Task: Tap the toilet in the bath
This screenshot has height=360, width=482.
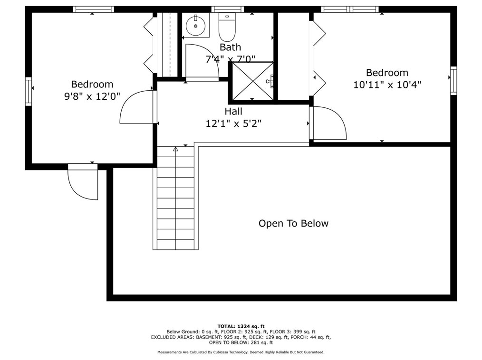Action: coord(227,28)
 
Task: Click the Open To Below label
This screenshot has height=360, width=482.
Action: coord(293,223)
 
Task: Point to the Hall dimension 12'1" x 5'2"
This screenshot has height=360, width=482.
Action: coord(233,123)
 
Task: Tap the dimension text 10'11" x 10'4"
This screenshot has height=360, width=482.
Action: coord(387,85)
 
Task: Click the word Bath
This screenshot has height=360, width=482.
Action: coord(230,47)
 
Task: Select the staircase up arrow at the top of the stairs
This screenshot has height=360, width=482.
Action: coord(175,149)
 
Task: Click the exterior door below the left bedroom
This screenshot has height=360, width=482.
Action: coord(83,183)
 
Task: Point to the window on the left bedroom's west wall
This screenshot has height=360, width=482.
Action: coord(29,91)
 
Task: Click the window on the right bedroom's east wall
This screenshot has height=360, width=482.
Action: coord(453,81)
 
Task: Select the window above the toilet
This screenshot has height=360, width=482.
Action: coord(227,9)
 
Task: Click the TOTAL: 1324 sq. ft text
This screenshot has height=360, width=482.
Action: coord(241,326)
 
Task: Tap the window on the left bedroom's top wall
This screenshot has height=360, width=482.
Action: coord(93,9)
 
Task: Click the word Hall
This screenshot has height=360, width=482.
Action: coord(233,112)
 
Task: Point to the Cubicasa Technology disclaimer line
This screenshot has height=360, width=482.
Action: coord(241,352)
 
